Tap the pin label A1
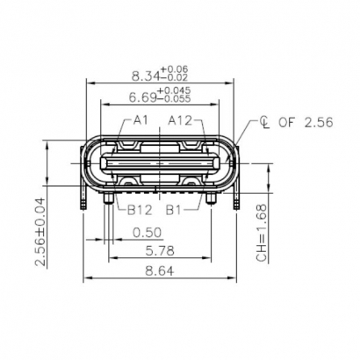[x=141, y=120]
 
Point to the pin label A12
[x=180, y=120]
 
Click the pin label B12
[x=140, y=211]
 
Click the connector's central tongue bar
[x=160, y=163]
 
